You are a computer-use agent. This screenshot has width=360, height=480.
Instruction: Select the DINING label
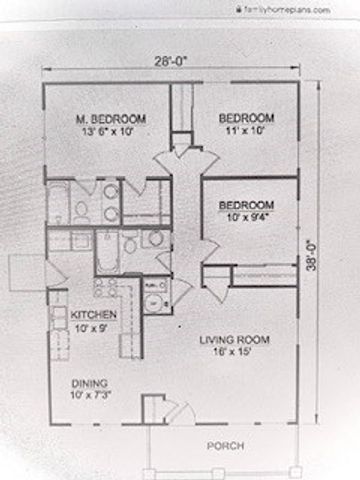88,383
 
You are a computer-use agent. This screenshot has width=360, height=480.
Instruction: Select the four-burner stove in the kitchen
103,288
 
